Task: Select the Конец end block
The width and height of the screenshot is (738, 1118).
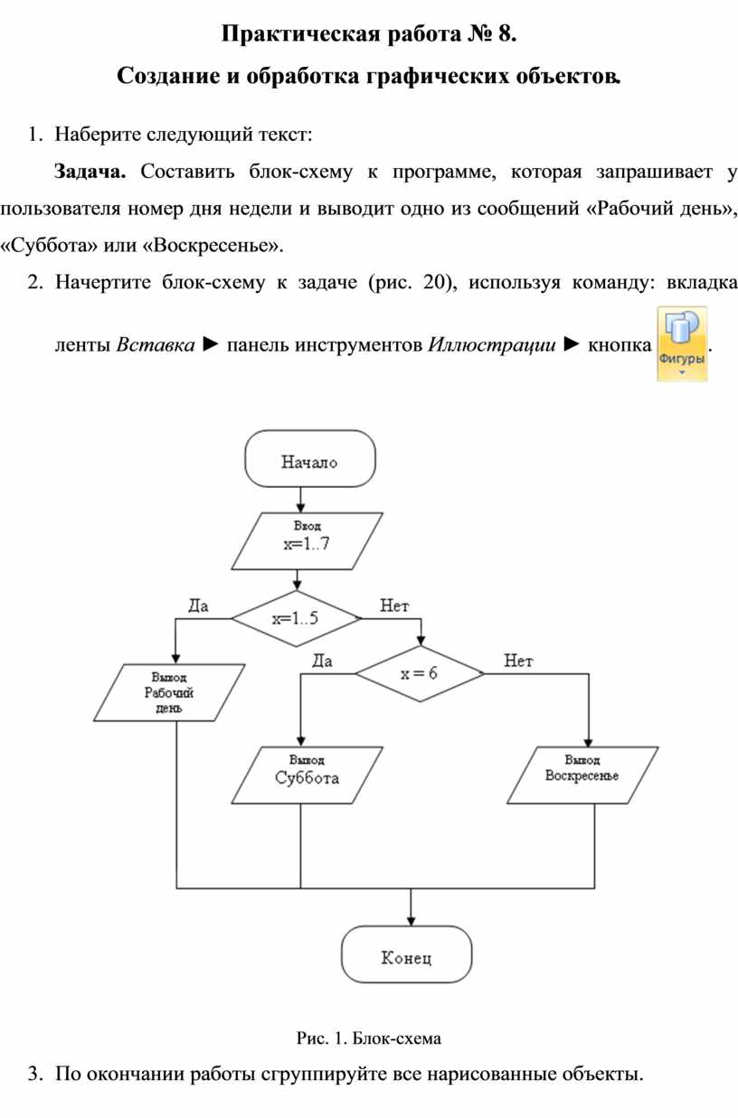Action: [x=406, y=956]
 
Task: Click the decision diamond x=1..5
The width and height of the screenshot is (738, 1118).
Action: [x=296, y=619]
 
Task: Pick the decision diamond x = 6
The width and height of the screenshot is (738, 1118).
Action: [x=419, y=674]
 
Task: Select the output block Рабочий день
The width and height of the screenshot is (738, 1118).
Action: [x=169, y=693]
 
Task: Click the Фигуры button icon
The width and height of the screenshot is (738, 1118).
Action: [x=682, y=343]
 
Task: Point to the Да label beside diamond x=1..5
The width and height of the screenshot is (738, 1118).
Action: [x=197, y=606]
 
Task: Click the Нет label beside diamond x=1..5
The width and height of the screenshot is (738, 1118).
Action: [x=394, y=606]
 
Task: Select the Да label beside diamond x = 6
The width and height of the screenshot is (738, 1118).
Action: [x=321, y=662]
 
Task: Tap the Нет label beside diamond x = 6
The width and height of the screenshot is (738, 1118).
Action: [x=518, y=662]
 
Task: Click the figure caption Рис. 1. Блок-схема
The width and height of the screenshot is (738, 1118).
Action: [x=368, y=1038]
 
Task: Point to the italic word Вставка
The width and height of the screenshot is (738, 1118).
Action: [x=155, y=345]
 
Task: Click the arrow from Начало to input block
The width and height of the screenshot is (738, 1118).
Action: [x=299, y=499]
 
